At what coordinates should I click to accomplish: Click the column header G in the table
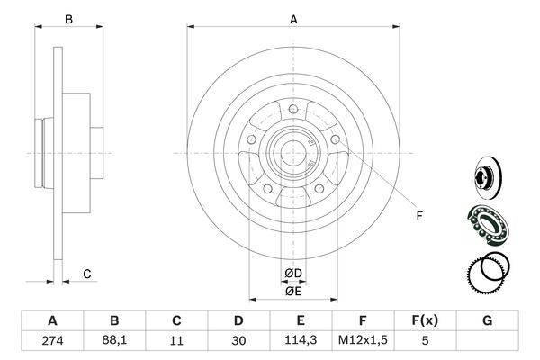pos(488,320)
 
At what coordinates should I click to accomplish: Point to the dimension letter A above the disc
pos(292,17)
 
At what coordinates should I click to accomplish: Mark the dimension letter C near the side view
pos(86,274)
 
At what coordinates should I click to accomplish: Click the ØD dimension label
pos(292,273)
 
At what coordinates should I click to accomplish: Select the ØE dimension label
pos(292,290)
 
